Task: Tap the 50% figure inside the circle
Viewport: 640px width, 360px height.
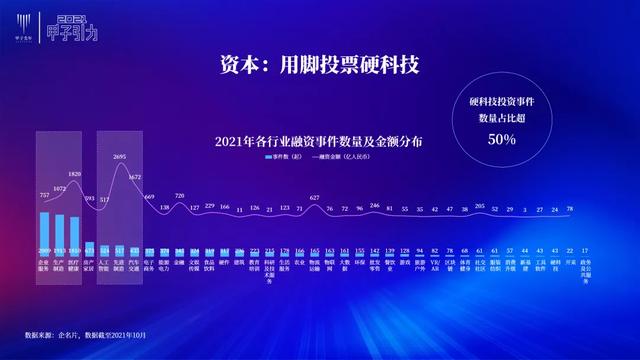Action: pyautogui.click(x=501, y=139)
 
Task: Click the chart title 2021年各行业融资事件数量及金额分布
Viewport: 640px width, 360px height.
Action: pyautogui.click(x=318, y=141)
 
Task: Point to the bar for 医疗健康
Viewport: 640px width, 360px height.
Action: pyautogui.click(x=75, y=231)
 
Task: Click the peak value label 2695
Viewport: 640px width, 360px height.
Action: pyautogui.click(x=120, y=157)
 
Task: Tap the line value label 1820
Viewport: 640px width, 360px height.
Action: pyautogui.click(x=75, y=173)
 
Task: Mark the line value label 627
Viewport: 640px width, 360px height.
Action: pyautogui.click(x=315, y=198)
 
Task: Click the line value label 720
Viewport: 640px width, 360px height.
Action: pyautogui.click(x=180, y=196)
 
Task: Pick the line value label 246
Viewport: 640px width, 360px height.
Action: pyautogui.click(x=375, y=205)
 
